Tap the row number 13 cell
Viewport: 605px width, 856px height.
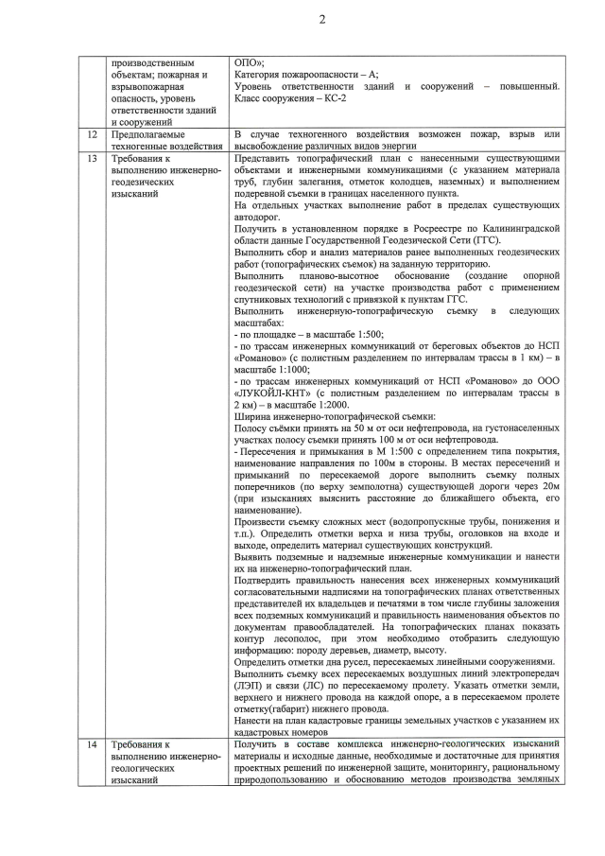tap(92, 158)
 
